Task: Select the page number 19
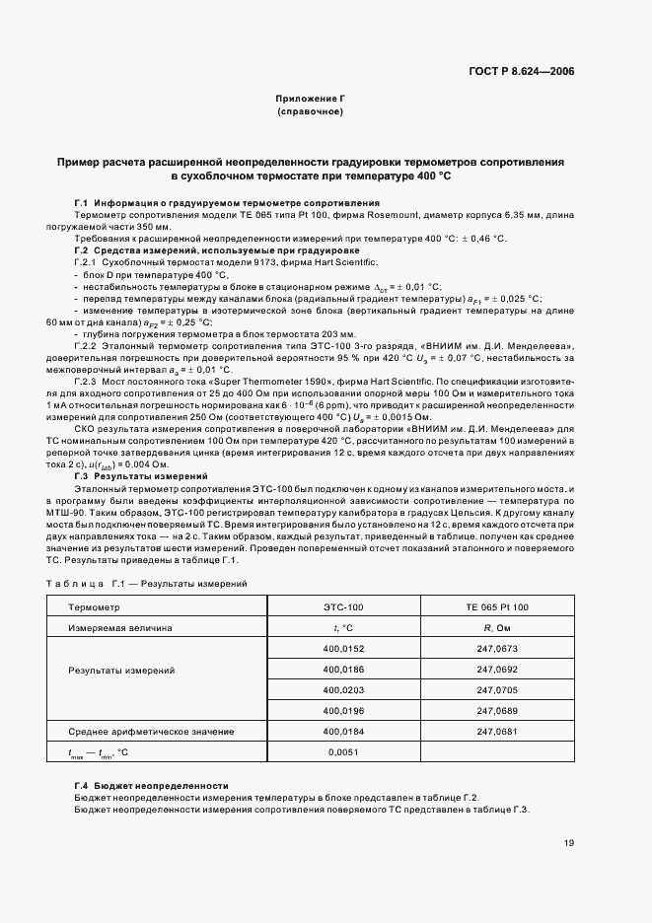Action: (x=569, y=843)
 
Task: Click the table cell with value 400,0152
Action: (x=343, y=648)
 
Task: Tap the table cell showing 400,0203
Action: (x=343, y=689)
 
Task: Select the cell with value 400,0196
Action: (x=343, y=710)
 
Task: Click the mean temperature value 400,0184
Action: (x=343, y=732)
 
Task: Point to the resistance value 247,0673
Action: (x=496, y=648)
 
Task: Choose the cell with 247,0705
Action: (x=496, y=689)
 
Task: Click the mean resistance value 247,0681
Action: (x=496, y=732)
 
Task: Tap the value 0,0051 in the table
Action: (x=343, y=751)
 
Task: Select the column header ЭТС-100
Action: (x=343, y=606)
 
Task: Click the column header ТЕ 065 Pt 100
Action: (x=496, y=606)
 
